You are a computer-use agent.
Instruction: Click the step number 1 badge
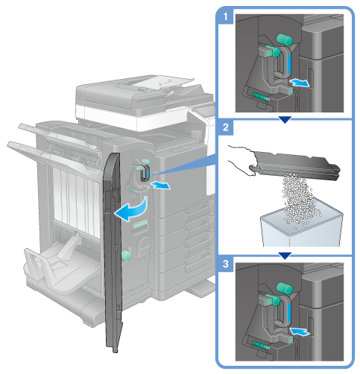click(226, 17)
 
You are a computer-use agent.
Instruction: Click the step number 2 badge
click(226, 127)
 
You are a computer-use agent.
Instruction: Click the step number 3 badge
click(226, 264)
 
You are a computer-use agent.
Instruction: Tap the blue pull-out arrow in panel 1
click(300, 83)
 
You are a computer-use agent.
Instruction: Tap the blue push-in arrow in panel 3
click(300, 332)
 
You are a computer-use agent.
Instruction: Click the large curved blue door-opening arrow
click(132, 209)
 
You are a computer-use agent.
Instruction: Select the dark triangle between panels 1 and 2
click(285, 120)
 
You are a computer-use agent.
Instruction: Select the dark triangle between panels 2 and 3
click(285, 256)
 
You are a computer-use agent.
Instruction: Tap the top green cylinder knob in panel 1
click(285, 39)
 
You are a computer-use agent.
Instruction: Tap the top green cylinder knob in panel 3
click(285, 288)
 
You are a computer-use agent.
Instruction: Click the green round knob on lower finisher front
click(126, 256)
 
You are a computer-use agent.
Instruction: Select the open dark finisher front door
click(113, 251)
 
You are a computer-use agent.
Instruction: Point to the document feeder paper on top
click(162, 82)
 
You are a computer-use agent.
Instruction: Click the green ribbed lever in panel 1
click(261, 97)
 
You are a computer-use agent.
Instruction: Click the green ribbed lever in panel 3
click(261, 345)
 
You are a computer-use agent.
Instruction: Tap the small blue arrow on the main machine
click(161, 185)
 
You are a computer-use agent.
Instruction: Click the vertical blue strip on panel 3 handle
click(288, 314)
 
